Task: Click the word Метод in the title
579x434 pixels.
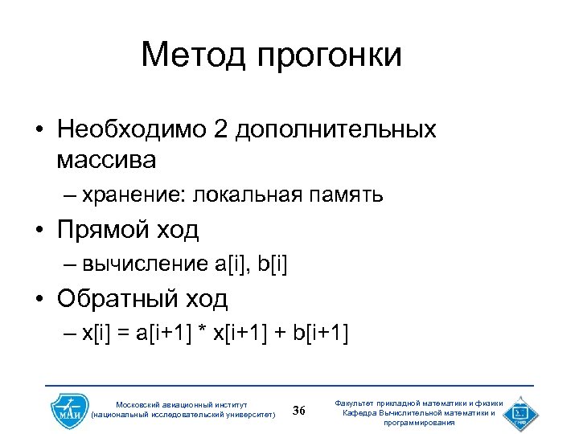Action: point(193,55)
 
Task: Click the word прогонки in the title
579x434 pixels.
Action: point(330,56)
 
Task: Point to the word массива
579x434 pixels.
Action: point(106,159)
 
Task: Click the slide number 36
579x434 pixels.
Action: point(300,411)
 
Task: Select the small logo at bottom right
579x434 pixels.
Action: point(520,411)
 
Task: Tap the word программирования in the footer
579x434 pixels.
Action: point(419,422)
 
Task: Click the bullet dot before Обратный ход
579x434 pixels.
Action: point(39,300)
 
